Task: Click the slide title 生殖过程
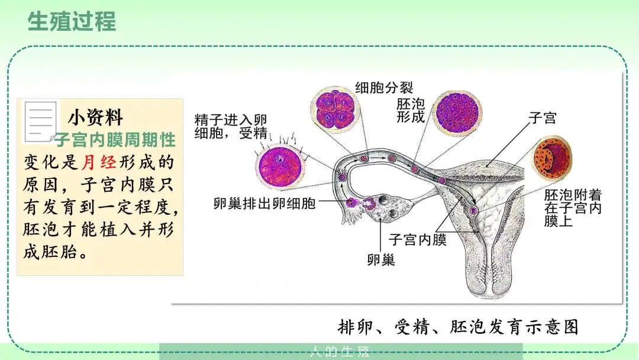click(x=72, y=21)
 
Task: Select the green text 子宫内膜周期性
click(x=115, y=140)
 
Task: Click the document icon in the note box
click(x=40, y=121)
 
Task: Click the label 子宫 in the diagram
click(x=542, y=118)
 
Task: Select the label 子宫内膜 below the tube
click(x=417, y=240)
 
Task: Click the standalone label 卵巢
click(x=380, y=259)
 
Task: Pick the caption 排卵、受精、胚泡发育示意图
click(x=457, y=326)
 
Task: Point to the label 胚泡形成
click(x=411, y=110)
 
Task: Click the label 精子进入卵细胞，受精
click(x=231, y=126)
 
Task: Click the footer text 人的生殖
click(x=340, y=352)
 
